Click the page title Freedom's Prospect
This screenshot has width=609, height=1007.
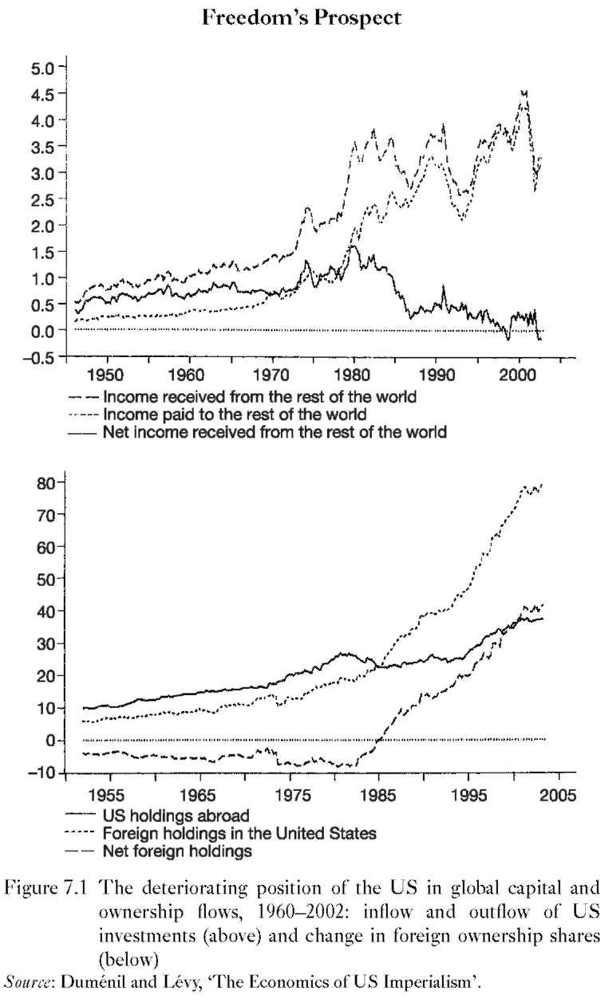301,18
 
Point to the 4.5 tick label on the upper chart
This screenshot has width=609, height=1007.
42,94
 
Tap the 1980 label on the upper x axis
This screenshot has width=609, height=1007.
354,375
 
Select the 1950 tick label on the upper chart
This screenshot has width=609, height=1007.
107,375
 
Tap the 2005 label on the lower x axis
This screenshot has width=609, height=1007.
558,795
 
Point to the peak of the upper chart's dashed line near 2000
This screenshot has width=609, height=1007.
522,92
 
